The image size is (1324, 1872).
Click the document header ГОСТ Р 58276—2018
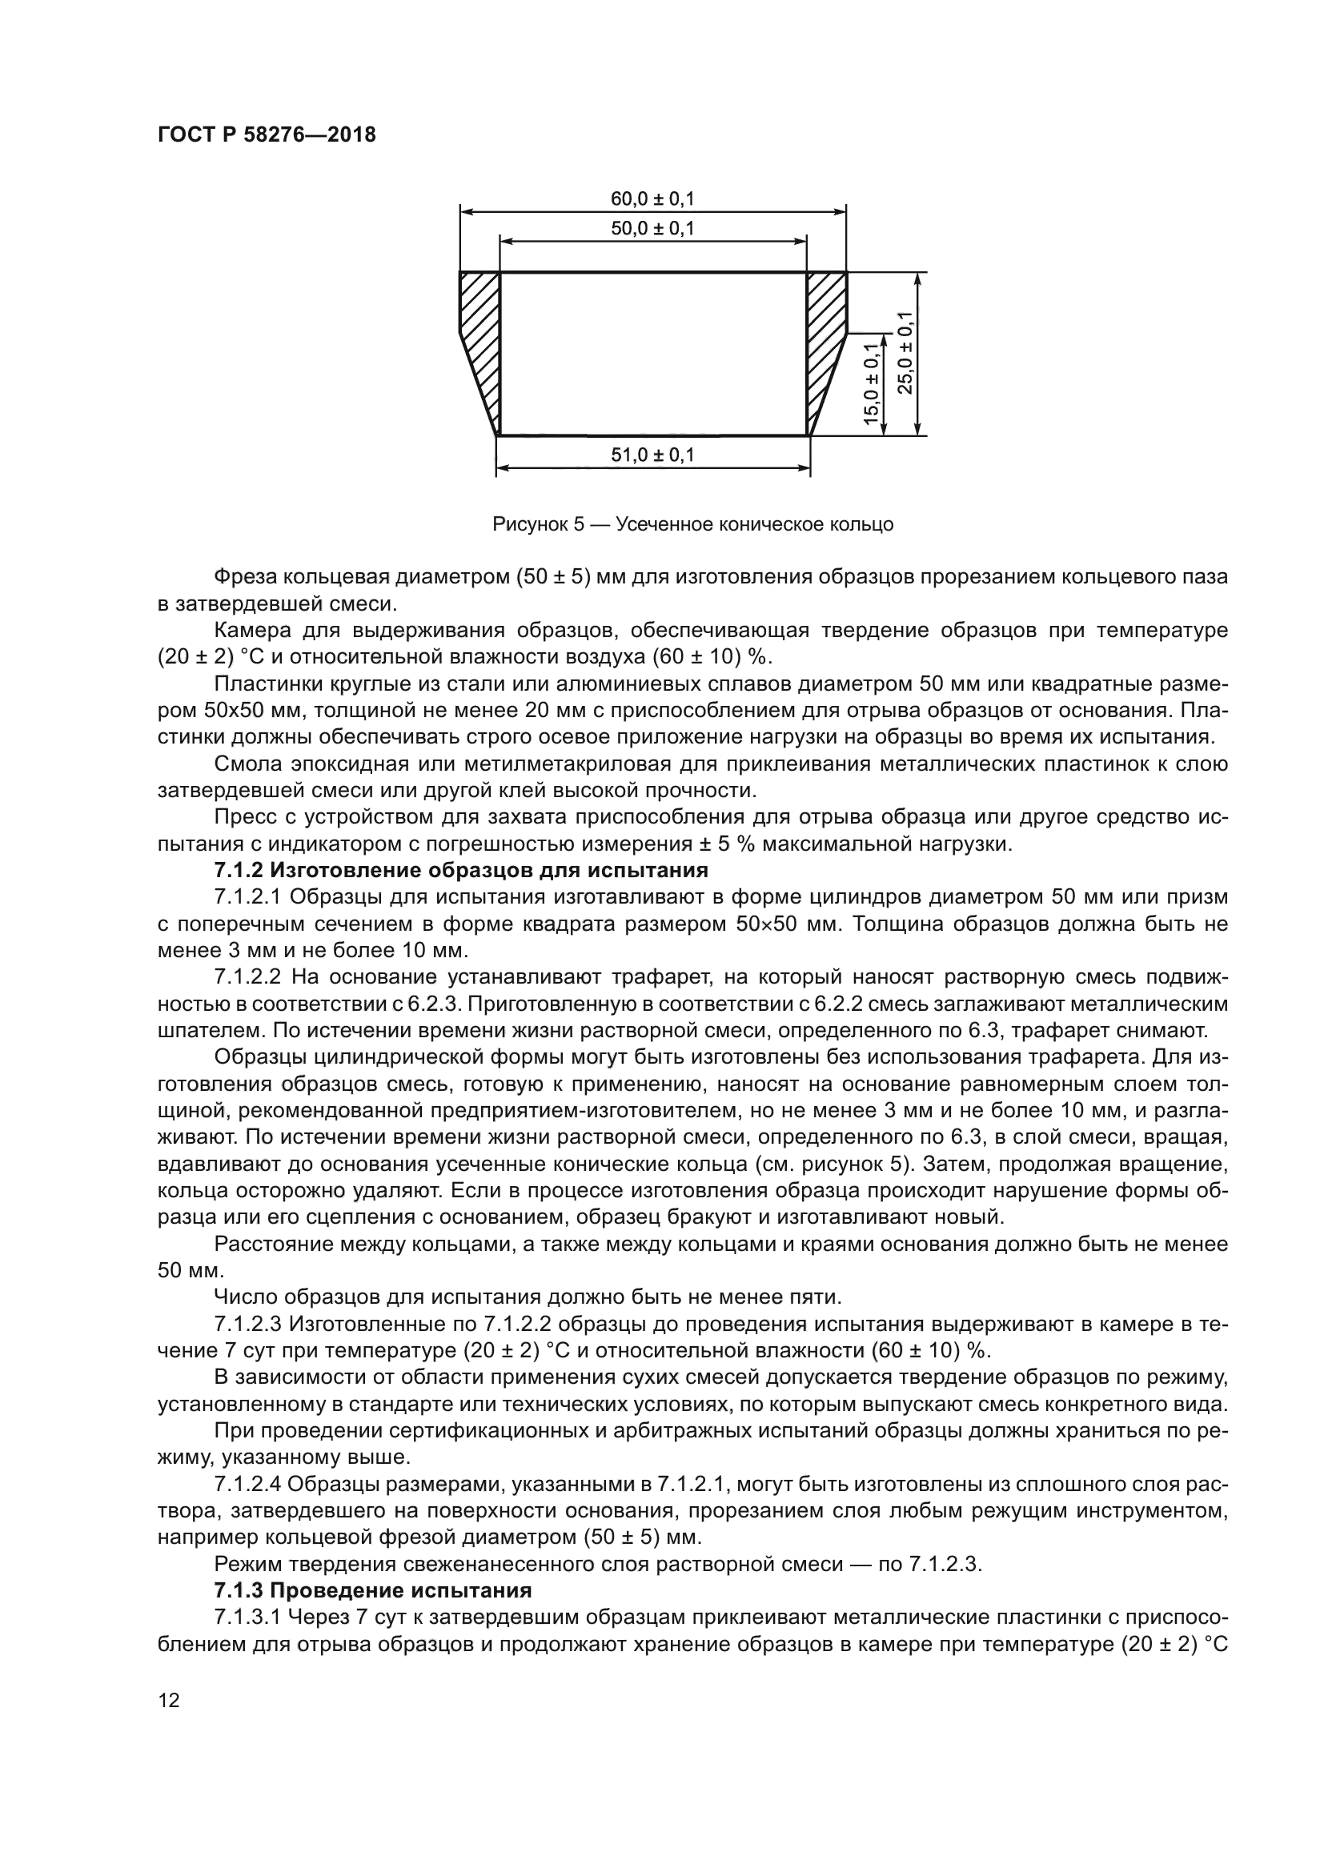[x=267, y=135]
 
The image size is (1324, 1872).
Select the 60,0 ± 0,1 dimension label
[x=652, y=198]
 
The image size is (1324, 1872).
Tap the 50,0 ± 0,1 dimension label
[x=652, y=228]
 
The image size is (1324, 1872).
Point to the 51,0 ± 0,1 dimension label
[x=652, y=455]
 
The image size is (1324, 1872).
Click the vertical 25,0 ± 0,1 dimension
[x=905, y=354]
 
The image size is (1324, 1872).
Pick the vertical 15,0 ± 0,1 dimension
[x=872, y=384]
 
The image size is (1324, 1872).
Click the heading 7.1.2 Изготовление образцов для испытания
[x=460, y=870]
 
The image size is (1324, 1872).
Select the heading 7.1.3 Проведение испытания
[x=372, y=1591]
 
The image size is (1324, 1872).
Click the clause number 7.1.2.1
[x=247, y=897]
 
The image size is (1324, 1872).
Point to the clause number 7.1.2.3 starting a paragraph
[x=247, y=1324]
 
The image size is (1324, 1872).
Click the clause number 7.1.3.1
[x=247, y=1617]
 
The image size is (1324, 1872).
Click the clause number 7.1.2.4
[x=247, y=1484]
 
